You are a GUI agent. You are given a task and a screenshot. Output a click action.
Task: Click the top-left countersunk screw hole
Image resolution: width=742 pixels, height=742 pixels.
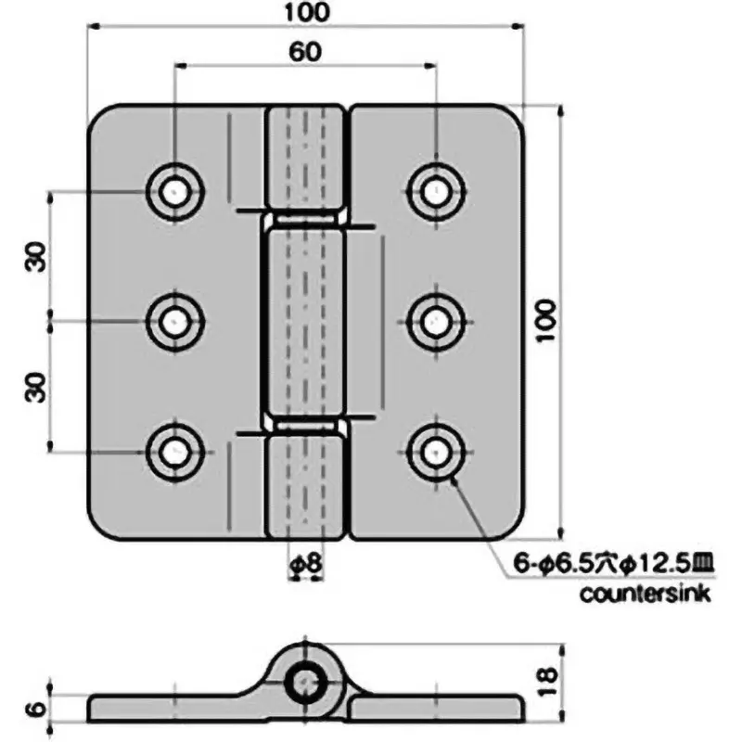coord(174,192)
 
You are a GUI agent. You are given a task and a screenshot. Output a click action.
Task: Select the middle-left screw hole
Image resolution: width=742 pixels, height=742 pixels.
coord(174,322)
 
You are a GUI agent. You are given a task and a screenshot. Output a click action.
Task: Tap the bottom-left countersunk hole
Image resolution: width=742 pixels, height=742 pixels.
coord(174,452)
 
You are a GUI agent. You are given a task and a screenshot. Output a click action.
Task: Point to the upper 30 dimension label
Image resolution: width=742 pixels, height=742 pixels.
coord(35,257)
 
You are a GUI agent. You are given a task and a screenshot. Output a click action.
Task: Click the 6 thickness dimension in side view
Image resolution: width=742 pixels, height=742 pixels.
coord(34,710)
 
